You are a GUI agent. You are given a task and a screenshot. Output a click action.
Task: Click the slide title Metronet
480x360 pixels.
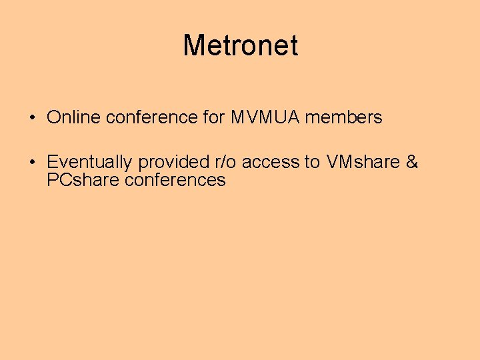240,45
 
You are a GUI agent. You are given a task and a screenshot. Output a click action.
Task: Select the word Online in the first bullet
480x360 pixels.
73,118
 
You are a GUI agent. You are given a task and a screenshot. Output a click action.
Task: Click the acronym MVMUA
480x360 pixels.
265,118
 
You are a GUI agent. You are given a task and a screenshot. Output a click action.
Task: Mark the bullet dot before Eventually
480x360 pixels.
32,163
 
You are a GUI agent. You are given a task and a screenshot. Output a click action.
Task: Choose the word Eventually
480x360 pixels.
89,163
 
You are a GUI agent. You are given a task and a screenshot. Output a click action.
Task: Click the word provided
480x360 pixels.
173,163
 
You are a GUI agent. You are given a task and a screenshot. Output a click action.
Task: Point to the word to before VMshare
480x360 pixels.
312,162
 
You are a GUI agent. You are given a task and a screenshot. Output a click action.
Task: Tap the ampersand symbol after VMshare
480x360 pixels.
411,162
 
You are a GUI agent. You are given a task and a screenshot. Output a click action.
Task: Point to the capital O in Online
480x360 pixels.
53,118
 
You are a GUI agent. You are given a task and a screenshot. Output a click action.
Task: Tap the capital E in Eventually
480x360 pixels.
52,162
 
